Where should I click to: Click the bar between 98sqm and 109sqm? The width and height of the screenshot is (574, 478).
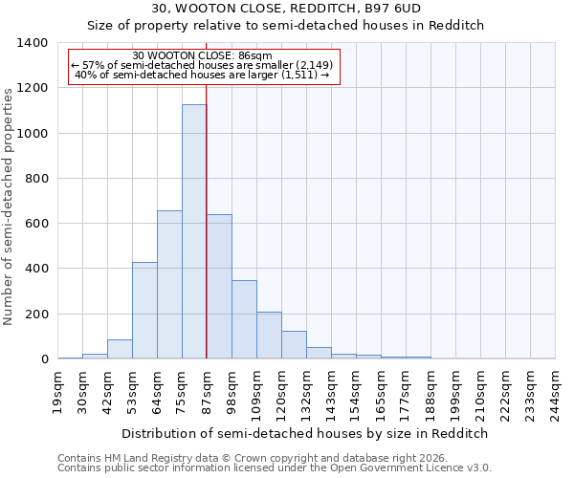pyautogui.click(x=244, y=319)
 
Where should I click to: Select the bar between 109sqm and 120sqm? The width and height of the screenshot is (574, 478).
pyautogui.click(x=269, y=336)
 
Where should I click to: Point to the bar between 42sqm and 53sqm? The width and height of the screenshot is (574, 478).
pyautogui.click(x=120, y=349)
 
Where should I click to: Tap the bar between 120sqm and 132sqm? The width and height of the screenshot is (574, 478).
pyautogui.click(x=294, y=345)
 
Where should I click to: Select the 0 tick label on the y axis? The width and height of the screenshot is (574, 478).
pyautogui.click(x=44, y=359)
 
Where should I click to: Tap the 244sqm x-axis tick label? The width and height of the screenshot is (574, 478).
pyautogui.click(x=556, y=392)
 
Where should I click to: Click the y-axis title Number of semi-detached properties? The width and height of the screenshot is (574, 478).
pyautogui.click(x=9, y=206)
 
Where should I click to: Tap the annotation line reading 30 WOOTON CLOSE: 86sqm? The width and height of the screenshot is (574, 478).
pyautogui.click(x=203, y=55)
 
